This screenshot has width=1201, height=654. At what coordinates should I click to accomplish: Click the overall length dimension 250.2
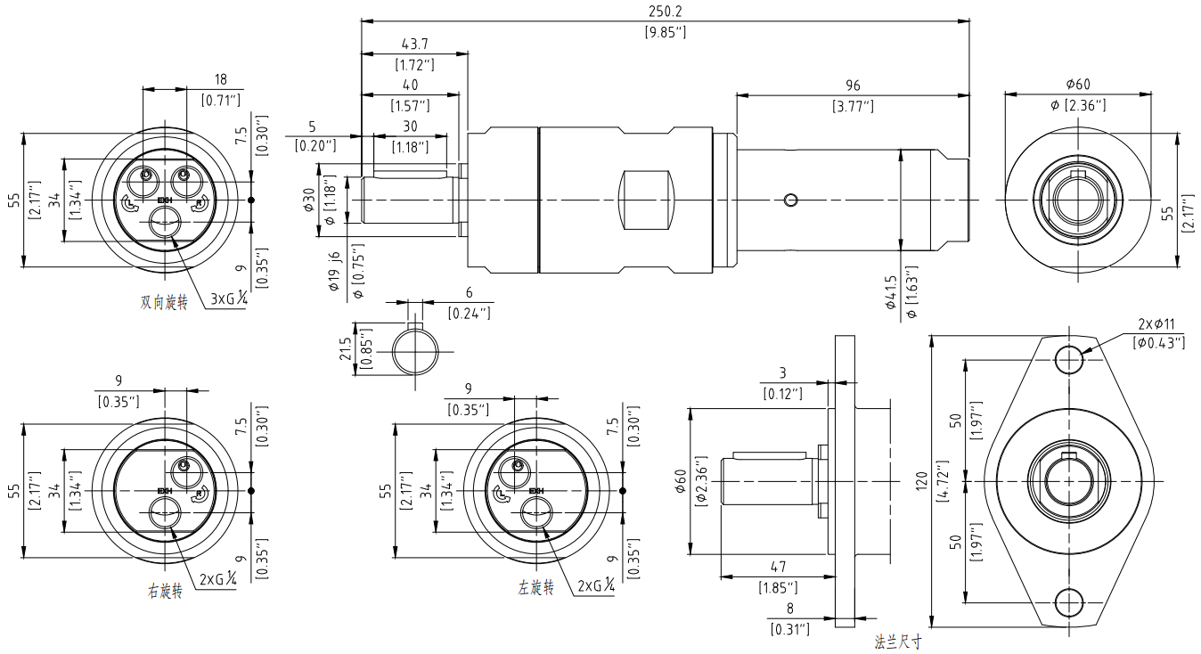(x=665, y=12)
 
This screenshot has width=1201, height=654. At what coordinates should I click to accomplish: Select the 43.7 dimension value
(x=414, y=44)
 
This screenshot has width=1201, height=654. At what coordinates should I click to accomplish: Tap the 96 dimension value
(x=853, y=86)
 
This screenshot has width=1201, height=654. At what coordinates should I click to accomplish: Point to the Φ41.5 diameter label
(x=891, y=292)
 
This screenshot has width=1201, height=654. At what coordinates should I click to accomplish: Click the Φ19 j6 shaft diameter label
(x=334, y=271)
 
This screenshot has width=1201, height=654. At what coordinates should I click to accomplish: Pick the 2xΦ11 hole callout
(x=1156, y=324)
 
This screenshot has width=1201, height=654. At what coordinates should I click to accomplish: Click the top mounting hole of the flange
(x=1069, y=359)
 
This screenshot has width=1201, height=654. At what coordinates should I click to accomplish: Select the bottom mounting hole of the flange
(x=1069, y=603)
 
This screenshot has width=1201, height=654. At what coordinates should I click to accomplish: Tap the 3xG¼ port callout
(x=229, y=299)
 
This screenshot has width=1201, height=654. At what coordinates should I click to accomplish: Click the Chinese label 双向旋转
(x=164, y=303)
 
